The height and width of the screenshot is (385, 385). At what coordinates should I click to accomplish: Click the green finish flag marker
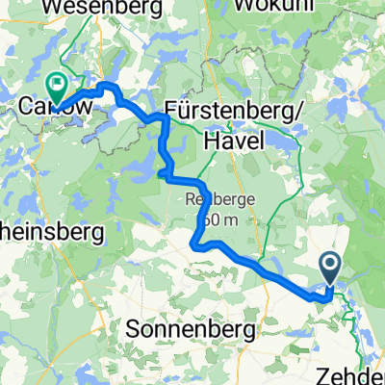pyautogui.click(x=58, y=87)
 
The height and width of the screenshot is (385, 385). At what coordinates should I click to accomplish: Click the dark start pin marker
pyautogui.click(x=329, y=268)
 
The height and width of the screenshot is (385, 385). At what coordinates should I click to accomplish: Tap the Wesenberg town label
pyautogui.click(x=92, y=8)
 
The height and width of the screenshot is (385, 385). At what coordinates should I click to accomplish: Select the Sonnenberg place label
pyautogui.click(x=191, y=330)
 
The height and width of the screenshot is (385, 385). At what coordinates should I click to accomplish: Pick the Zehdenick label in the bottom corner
pyautogui.click(x=356, y=374)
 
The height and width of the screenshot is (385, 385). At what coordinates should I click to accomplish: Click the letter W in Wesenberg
pyautogui.click(x=53, y=8)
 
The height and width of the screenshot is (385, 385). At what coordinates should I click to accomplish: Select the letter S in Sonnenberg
pyautogui.click(x=133, y=330)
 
